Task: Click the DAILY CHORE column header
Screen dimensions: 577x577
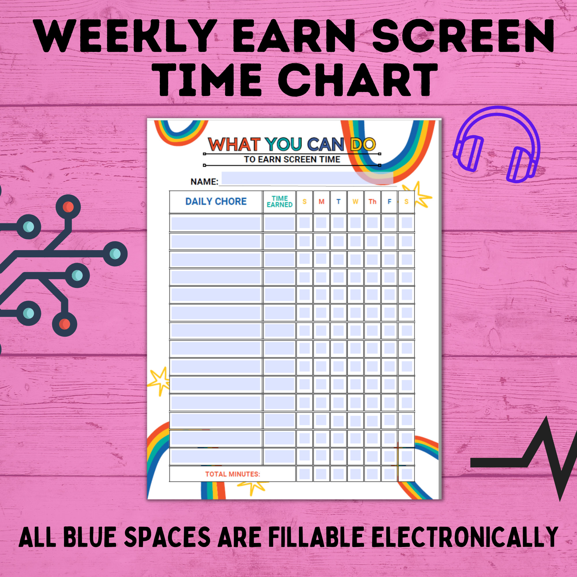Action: [216, 202]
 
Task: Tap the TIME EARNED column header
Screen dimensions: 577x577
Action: [280, 202]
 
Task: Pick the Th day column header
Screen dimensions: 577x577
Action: [372, 202]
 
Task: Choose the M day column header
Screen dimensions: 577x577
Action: [321, 202]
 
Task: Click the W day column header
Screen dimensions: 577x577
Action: [355, 202]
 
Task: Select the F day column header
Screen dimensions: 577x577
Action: [389, 202]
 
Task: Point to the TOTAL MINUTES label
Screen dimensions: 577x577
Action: [232, 474]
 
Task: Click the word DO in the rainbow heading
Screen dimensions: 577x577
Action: [363, 144]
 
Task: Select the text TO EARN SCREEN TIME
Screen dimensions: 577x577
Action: [292, 160]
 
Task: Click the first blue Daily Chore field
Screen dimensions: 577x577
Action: [216, 223]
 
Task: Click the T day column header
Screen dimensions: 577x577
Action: [338, 202]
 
